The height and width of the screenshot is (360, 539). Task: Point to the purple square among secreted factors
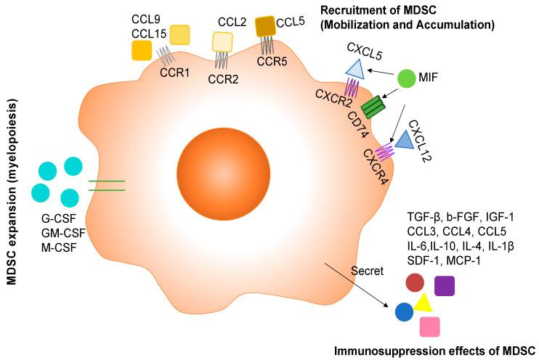[444, 286]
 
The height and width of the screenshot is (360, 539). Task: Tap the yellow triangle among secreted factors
[423, 305]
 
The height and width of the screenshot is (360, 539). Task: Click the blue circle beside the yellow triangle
[404, 312]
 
